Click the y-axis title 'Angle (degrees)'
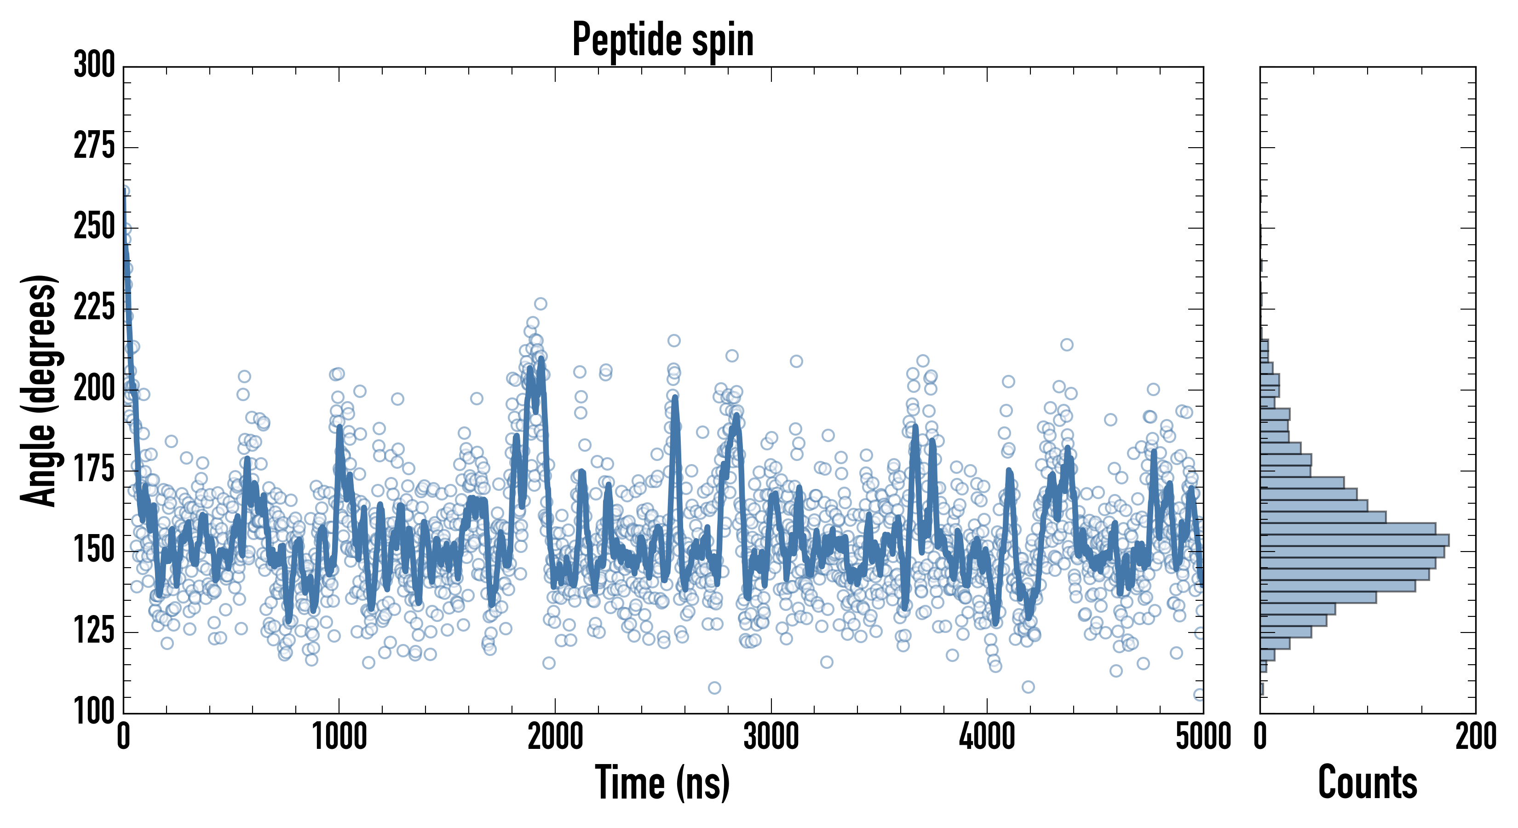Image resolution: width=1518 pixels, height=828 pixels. [39, 390]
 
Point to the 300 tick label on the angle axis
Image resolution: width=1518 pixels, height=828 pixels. [94, 65]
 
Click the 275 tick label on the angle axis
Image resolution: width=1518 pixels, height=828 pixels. [94, 146]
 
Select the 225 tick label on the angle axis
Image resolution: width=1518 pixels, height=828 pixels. [94, 308]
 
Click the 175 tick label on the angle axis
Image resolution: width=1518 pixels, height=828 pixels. [94, 470]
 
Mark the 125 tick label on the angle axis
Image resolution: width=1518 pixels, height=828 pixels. [94, 631]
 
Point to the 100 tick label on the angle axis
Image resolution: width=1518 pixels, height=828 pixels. [94, 711]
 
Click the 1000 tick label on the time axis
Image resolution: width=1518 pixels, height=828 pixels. [339, 736]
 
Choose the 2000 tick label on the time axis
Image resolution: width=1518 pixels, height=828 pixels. [555, 736]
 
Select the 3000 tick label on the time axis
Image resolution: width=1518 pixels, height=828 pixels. [771, 736]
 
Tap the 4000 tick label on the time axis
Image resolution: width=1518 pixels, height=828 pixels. [987, 736]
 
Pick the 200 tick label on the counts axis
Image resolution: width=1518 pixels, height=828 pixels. [1476, 736]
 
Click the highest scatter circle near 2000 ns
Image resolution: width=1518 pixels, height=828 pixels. [540, 304]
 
